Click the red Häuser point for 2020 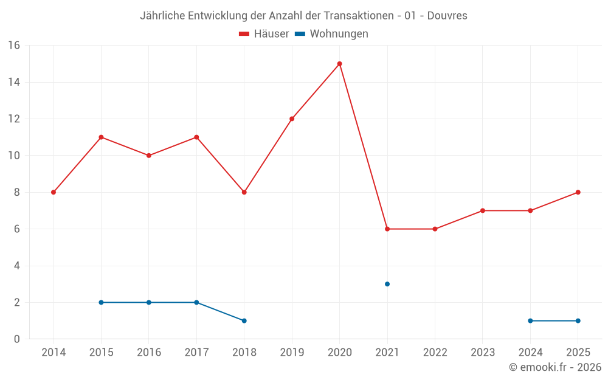pyautogui.click(x=339, y=64)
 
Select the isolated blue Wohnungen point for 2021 pyautogui.click(x=387, y=284)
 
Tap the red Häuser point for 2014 pyautogui.click(x=54, y=192)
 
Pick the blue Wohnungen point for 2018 pyautogui.click(x=244, y=320)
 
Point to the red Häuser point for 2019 pyautogui.click(x=292, y=119)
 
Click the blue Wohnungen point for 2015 pyautogui.click(x=101, y=302)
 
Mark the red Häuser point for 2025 pyautogui.click(x=578, y=192)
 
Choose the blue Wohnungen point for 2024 pyautogui.click(x=530, y=320)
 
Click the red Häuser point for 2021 pyautogui.click(x=387, y=229)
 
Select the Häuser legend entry pyautogui.click(x=264, y=34)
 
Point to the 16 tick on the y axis pyautogui.click(x=14, y=46)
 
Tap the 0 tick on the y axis pyautogui.click(x=17, y=339)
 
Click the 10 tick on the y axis pyautogui.click(x=14, y=156)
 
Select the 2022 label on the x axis pyautogui.click(x=435, y=353)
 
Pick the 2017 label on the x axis pyautogui.click(x=196, y=353)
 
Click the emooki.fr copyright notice pyautogui.click(x=554, y=367)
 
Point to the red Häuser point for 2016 pyautogui.click(x=148, y=156)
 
